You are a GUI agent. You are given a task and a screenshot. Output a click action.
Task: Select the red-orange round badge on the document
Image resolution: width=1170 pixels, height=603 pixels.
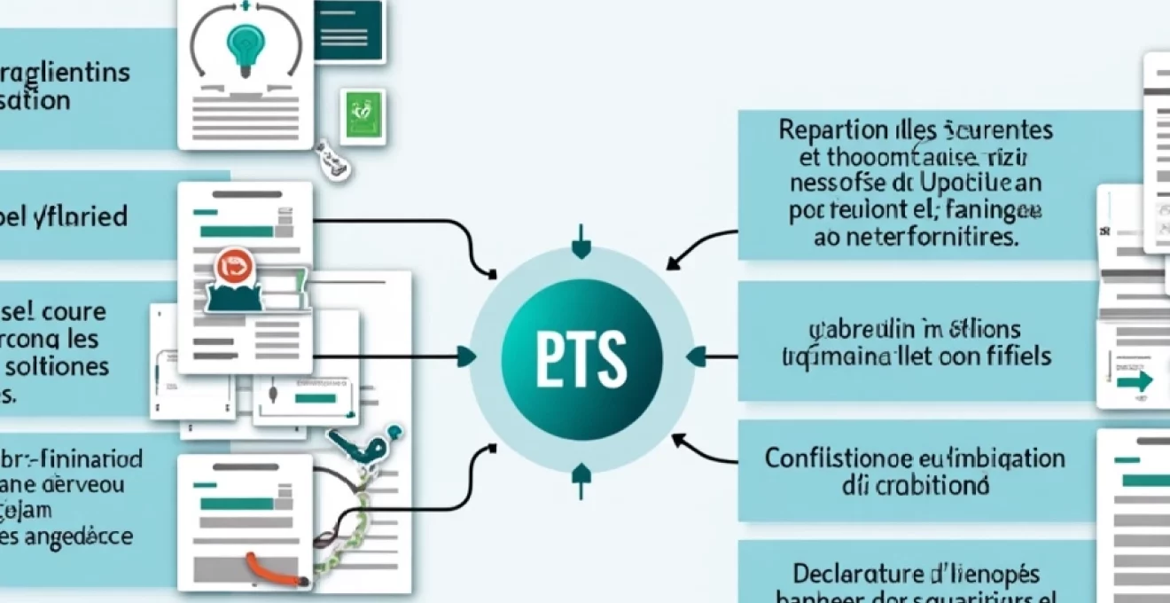pos(235,267)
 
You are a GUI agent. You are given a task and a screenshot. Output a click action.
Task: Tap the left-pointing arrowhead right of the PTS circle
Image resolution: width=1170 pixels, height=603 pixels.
pos(697,356)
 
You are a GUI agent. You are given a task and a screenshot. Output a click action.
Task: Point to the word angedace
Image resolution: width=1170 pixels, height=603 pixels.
pos(80,536)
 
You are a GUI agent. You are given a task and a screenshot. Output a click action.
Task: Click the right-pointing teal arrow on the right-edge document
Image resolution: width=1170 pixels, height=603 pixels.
pos(1134,380)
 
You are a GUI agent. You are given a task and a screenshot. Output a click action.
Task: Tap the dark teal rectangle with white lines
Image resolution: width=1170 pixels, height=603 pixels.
pos(348,30)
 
